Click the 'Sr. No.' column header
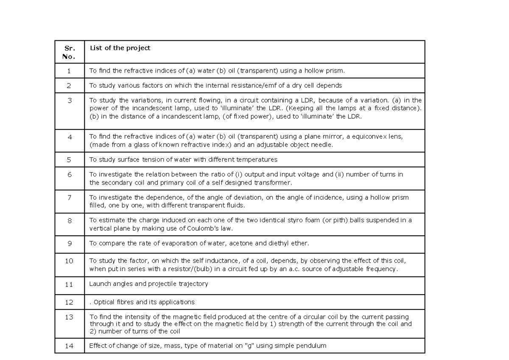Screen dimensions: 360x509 70,52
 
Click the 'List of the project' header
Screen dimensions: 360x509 120,48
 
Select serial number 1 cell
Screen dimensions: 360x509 70,71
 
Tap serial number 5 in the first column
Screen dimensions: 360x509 70,160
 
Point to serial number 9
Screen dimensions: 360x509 70,243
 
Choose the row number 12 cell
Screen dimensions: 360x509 70,302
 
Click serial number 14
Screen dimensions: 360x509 70,346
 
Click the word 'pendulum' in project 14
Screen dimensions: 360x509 312,346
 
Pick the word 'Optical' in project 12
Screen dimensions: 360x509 103,302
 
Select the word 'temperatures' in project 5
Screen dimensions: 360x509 258,160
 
